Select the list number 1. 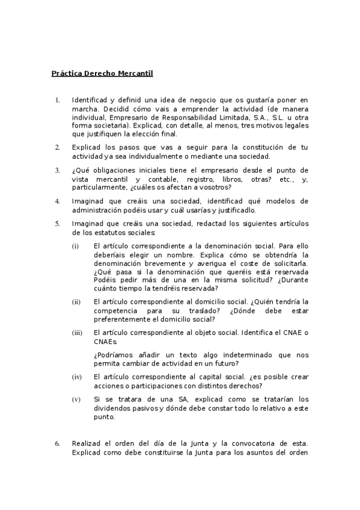coord(57,100)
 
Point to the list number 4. coord(57,201)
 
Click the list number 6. coord(57,444)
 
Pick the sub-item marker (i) coord(75,246)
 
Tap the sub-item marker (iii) coord(77,333)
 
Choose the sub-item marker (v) coord(76,399)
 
